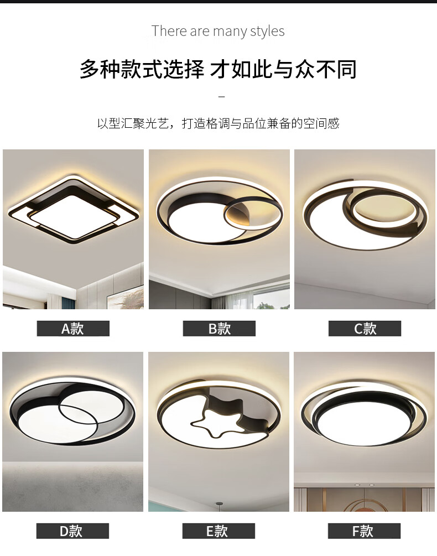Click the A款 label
point(73,329)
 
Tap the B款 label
point(219,329)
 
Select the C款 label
point(365,329)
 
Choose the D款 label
point(72,531)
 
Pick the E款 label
point(218,531)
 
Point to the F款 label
point(364,531)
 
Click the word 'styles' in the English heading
point(267,31)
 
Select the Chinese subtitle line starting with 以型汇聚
point(218,123)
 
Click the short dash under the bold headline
point(222,96)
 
